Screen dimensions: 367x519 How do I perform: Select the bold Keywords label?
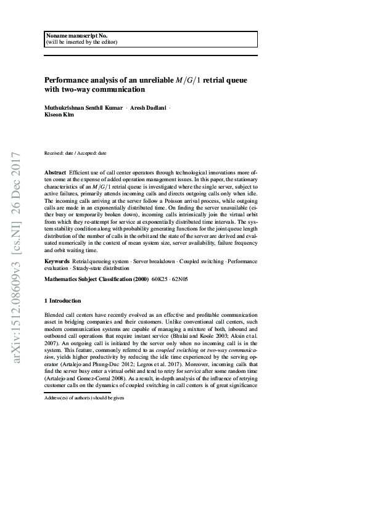click(57, 262)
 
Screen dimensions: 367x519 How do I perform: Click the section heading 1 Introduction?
click(63, 301)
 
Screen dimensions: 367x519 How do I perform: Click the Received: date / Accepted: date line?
click(75, 152)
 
